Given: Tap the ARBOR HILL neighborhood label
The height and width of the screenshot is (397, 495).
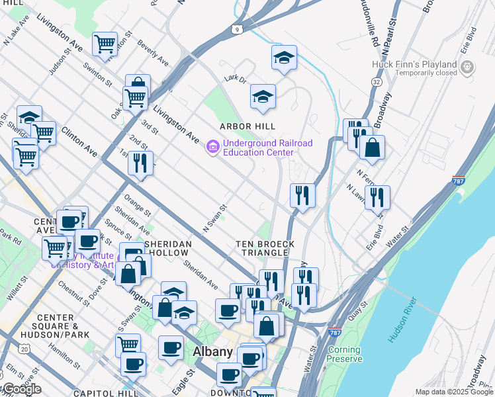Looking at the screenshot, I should (x=247, y=126).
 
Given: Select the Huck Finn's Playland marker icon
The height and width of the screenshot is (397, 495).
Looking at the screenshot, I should (x=467, y=67).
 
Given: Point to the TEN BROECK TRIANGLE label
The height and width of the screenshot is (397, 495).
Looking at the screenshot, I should (x=265, y=249).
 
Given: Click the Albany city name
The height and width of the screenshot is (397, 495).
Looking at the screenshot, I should (x=212, y=352).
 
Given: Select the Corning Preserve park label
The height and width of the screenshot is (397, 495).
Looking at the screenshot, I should (x=344, y=355).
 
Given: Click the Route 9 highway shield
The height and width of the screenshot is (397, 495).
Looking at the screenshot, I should (x=236, y=29).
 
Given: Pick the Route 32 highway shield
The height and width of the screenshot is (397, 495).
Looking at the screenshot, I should (x=376, y=81).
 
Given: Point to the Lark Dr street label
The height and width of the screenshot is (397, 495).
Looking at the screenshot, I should (x=235, y=79).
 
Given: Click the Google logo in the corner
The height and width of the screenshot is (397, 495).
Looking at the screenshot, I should (x=21, y=389).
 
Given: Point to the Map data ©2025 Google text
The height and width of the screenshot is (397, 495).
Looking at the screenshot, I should (x=453, y=392).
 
